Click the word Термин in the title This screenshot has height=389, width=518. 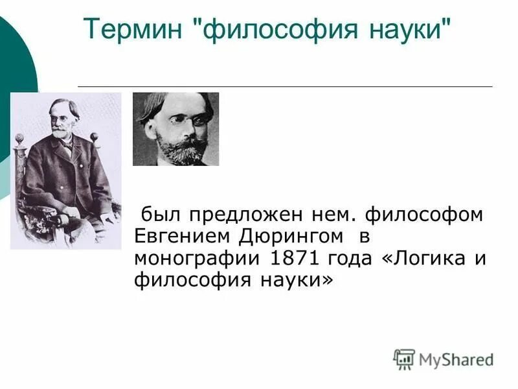pyautogui.click(x=135, y=29)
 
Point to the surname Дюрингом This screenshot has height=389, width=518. pyautogui.click(x=287, y=236)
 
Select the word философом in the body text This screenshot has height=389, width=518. pyautogui.click(x=423, y=214)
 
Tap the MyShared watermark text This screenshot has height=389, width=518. pyautogui.click(x=456, y=359)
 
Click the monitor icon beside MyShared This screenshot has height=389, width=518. pyautogui.click(x=404, y=359)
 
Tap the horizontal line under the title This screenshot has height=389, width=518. pyautogui.click(x=285, y=86)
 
